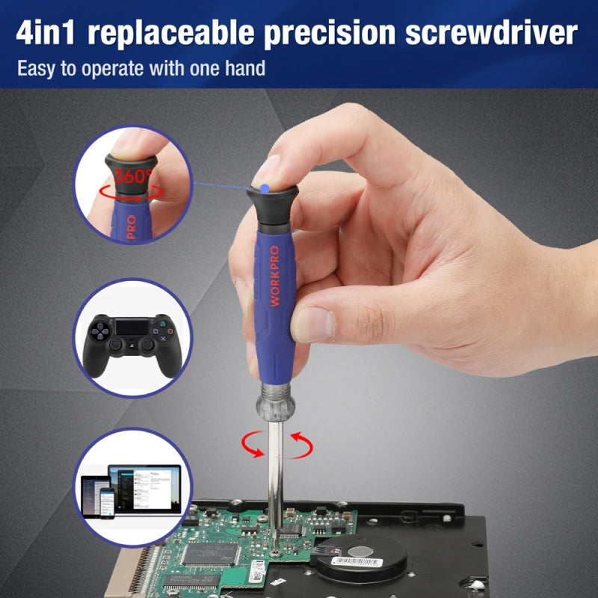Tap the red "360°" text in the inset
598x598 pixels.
(134, 177)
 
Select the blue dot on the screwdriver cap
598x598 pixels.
(265, 185)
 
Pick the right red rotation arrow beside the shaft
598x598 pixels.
(300, 446)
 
